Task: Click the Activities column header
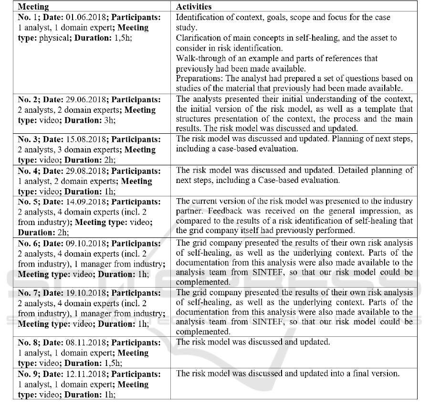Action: [194, 7]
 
